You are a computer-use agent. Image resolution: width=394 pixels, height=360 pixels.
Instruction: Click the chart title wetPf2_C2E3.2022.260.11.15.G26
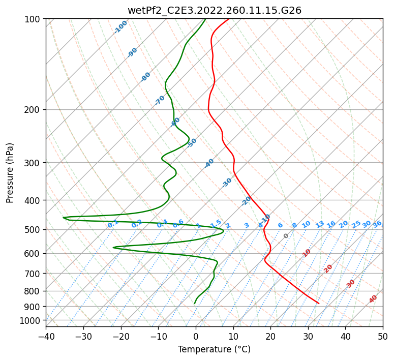click(214, 10)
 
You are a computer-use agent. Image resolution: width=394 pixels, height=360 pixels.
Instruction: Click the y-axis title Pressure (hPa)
click(10, 172)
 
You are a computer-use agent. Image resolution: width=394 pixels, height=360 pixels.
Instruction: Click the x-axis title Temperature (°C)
click(214, 349)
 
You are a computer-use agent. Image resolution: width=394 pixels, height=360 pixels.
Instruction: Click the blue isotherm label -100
click(121, 26)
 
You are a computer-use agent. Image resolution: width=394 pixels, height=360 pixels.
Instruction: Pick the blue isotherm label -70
click(160, 100)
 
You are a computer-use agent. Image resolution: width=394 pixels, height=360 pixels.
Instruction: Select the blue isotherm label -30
click(227, 182)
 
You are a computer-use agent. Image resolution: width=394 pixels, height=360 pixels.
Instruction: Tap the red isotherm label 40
click(373, 299)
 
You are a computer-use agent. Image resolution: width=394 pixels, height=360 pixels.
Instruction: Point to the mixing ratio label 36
click(377, 224)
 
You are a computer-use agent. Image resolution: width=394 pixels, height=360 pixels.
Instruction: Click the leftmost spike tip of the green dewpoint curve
click(64, 218)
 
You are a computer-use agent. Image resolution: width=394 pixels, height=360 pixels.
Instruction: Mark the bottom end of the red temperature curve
click(319, 303)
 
